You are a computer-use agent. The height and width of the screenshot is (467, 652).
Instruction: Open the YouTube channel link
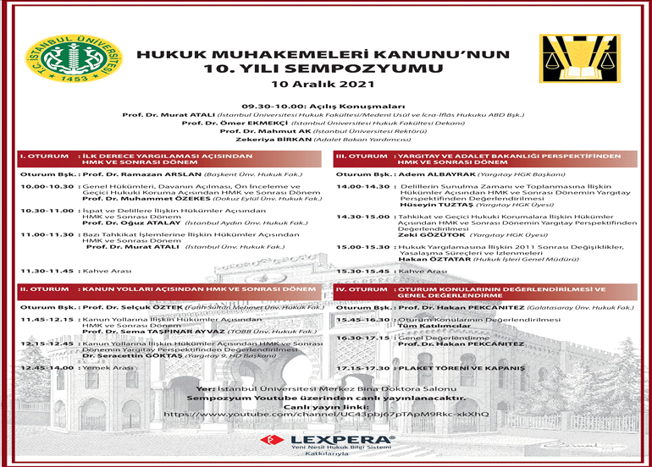(325, 414)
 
